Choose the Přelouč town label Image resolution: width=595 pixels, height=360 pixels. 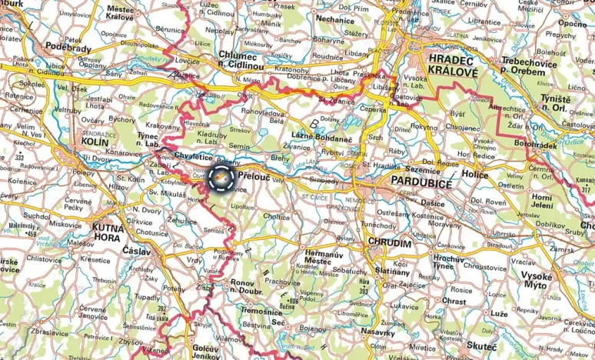click(x=254, y=176)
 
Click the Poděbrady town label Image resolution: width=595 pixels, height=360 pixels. click(x=69, y=48)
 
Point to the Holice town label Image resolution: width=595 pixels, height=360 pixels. click(x=474, y=175)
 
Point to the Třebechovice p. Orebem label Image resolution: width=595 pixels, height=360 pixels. click(x=528, y=65)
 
